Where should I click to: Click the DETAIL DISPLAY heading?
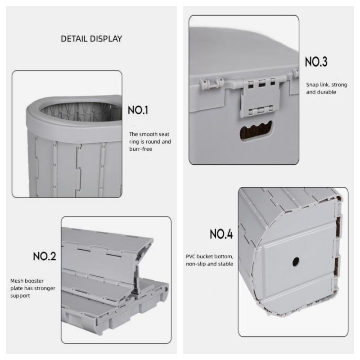[91, 39]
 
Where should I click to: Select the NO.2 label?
[45, 257]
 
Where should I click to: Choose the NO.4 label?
[221, 234]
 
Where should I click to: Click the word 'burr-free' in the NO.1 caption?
[141, 149]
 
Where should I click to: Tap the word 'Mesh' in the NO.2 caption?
[17, 281]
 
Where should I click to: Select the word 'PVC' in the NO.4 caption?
[191, 256]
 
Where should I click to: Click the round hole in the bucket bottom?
[296, 261]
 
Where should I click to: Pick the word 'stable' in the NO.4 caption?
[225, 264]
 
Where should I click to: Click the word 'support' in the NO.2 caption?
[20, 296]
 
